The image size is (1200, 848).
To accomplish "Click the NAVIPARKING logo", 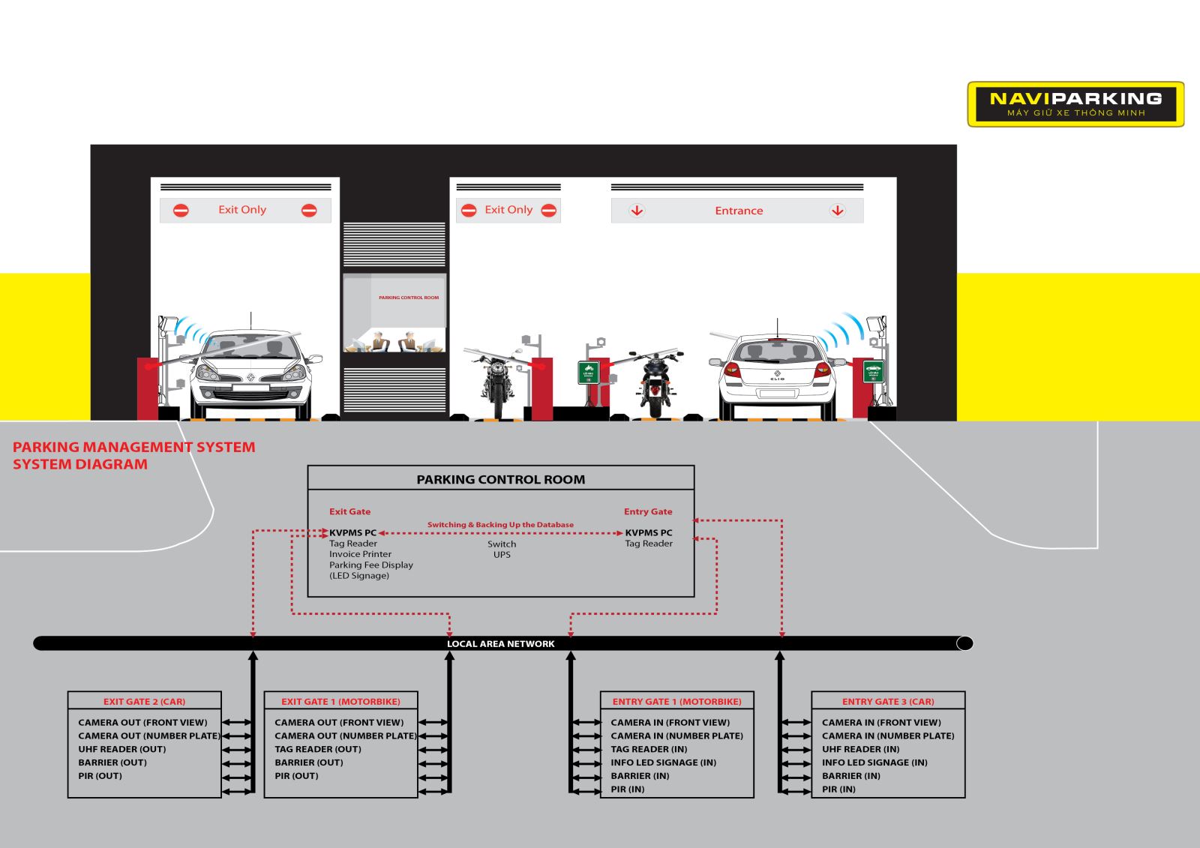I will pyautogui.click(x=1075, y=103).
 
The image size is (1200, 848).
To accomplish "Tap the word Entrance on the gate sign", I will pyautogui.click(x=739, y=211).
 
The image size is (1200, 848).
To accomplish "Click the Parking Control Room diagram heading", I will pyautogui.click(x=500, y=479).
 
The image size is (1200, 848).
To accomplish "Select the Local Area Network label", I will pyautogui.click(x=500, y=643).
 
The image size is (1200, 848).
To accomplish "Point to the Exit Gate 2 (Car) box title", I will pyautogui.click(x=144, y=702).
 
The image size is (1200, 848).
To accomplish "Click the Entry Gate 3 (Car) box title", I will pyautogui.click(x=888, y=702).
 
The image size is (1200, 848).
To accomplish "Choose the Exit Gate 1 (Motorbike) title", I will pyautogui.click(x=340, y=702).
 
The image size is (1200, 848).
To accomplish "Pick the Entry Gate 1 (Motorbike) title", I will pyautogui.click(x=676, y=702).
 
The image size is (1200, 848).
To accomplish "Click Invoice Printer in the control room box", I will pyautogui.click(x=360, y=554).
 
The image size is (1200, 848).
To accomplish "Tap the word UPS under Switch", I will pyautogui.click(x=502, y=555).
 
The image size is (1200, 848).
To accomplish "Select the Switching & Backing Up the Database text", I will pyautogui.click(x=500, y=525).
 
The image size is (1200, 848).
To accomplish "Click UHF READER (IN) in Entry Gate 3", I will pyautogui.click(x=860, y=749).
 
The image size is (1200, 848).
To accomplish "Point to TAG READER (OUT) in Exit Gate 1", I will pyautogui.click(x=318, y=749).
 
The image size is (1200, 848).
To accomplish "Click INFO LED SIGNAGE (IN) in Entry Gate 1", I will pyautogui.click(x=663, y=763).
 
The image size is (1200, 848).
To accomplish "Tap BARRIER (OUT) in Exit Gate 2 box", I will pyautogui.click(x=112, y=763).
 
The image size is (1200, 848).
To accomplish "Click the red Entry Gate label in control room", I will pyautogui.click(x=648, y=511).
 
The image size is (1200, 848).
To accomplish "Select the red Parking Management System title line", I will pyautogui.click(x=133, y=447).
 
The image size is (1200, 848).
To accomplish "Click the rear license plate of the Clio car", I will pyautogui.click(x=777, y=393).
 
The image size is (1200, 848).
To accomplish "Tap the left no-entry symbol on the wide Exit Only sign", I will pyautogui.click(x=181, y=211).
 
